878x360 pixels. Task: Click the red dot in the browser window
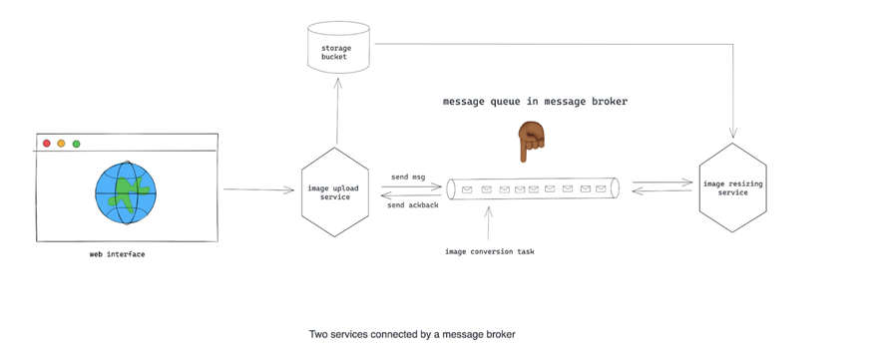click(47, 144)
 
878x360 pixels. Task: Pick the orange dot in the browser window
click(61, 144)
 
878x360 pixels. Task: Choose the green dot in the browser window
click(76, 144)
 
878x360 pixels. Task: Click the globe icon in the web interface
click(126, 193)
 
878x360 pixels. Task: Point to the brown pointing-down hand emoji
click(530, 141)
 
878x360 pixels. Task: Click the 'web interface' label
click(117, 254)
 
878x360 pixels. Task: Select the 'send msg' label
click(408, 177)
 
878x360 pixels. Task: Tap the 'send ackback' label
click(413, 204)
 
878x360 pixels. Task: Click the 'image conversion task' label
click(490, 251)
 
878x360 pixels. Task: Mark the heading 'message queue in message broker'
click(536, 102)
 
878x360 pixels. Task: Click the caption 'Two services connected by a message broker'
click(412, 334)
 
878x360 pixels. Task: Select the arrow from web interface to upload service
click(258, 189)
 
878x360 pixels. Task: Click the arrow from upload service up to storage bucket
click(337, 111)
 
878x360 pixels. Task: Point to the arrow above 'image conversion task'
click(488, 222)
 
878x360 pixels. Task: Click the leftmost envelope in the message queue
click(467, 189)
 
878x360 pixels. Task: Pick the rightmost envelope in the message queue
click(601, 188)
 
